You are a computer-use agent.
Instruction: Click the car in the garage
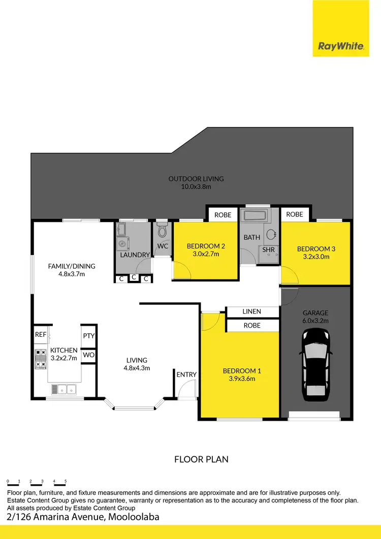[316, 364]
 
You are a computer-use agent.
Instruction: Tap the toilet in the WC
[163, 232]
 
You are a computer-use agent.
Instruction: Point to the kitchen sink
[64, 389]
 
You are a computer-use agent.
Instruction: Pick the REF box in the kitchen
[41, 334]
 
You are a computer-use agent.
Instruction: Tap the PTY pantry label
[88, 336]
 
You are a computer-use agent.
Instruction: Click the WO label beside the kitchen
[88, 355]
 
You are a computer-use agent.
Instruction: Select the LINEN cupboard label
[251, 311]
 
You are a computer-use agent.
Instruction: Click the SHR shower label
[269, 249]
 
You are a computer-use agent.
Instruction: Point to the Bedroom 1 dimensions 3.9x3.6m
[239, 378]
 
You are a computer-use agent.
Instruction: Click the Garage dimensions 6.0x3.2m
[316, 321]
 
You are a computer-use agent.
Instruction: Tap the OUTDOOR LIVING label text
[196, 179]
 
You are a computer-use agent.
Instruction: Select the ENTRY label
[186, 374]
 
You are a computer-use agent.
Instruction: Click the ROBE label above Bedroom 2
[223, 215]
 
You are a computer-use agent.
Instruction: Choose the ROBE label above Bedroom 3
[295, 214]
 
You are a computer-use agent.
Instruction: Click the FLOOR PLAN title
[201, 459]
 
